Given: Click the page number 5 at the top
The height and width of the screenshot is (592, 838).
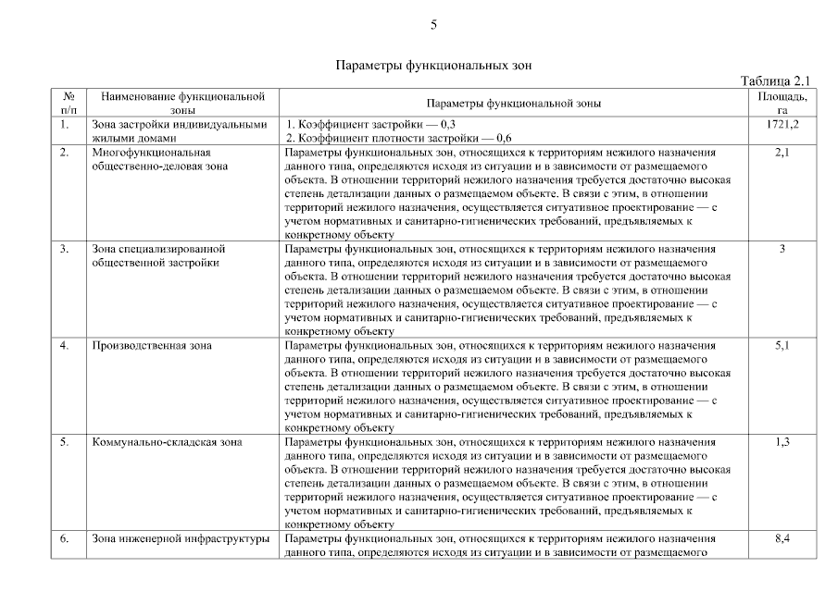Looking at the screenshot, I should [433, 24].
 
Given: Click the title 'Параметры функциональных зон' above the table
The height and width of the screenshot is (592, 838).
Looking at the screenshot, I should [432, 66].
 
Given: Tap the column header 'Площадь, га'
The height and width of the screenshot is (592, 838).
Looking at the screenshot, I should [782, 103].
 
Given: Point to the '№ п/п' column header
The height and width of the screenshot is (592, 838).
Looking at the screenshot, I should [69, 103].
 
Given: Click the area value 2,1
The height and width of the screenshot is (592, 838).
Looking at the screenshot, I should [782, 153].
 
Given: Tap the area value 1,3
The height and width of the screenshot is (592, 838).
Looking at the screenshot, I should [782, 442].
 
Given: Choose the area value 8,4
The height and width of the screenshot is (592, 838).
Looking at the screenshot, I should [782, 538].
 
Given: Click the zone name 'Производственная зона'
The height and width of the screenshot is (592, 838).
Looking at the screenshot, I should [152, 346].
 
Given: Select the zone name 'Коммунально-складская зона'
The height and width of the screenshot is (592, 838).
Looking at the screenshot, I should [167, 442].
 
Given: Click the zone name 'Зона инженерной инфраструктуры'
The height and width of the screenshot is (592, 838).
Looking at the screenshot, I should [181, 538].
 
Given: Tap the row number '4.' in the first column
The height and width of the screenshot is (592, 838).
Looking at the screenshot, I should [65, 346].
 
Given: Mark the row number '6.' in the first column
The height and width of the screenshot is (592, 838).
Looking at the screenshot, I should [65, 538].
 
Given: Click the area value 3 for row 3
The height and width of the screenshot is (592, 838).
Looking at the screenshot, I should [782, 249].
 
